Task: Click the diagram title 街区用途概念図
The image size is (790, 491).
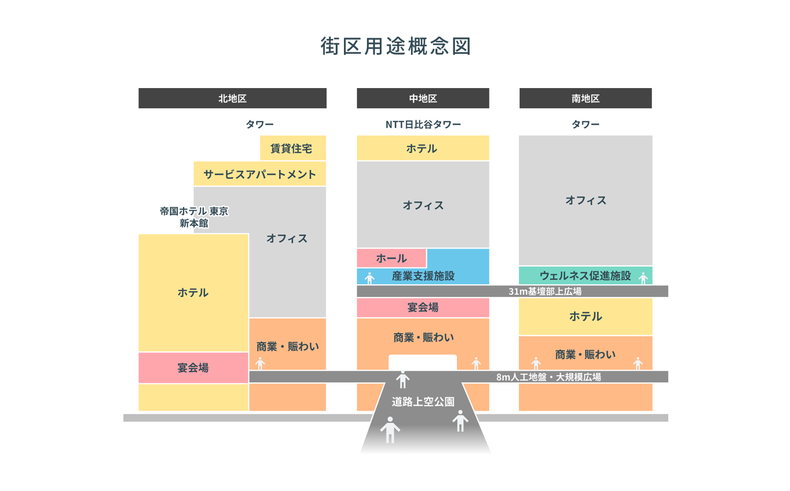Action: point(395,46)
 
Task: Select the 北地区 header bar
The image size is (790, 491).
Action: point(232,98)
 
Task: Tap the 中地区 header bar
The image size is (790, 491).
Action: point(423,98)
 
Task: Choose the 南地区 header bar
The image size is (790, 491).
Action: point(585,98)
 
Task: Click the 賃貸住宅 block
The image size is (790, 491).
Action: point(293,148)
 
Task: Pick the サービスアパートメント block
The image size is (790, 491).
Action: point(260,174)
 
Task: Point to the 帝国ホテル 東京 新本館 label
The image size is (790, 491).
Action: point(194,217)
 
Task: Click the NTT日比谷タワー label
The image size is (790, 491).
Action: point(423,124)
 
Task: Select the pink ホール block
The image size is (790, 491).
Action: point(391,258)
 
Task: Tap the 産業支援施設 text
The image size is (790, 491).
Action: point(423,276)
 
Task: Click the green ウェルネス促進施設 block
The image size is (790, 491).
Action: point(585,275)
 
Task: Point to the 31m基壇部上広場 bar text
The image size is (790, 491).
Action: point(545,291)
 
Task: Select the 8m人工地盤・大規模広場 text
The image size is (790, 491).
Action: point(548,377)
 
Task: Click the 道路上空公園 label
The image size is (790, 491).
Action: point(423,402)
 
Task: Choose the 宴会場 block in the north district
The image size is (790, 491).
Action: point(193,368)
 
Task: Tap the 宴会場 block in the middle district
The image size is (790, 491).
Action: point(423,307)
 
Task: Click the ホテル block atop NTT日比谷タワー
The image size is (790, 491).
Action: point(423,148)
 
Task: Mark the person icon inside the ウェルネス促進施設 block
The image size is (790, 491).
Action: point(643,278)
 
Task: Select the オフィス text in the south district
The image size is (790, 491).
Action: point(585,200)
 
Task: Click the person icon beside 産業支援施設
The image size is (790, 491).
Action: point(369,278)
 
